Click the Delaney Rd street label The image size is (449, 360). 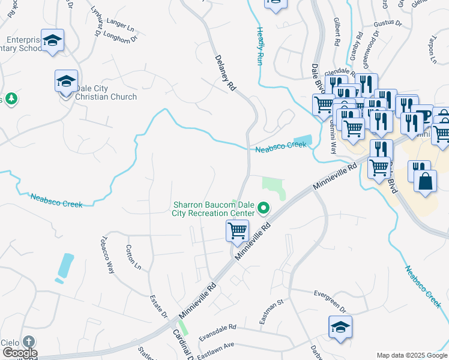(x=225, y=73)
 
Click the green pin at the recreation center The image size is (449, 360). (x=263, y=209)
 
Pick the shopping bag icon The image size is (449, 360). (x=425, y=181)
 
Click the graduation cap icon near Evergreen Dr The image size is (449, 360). (x=340, y=328)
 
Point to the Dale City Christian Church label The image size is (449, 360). (x=102, y=92)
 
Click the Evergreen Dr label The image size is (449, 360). (x=330, y=300)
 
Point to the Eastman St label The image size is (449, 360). (x=271, y=313)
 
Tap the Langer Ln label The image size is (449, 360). (x=120, y=25)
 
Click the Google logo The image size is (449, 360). (x=19, y=353)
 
